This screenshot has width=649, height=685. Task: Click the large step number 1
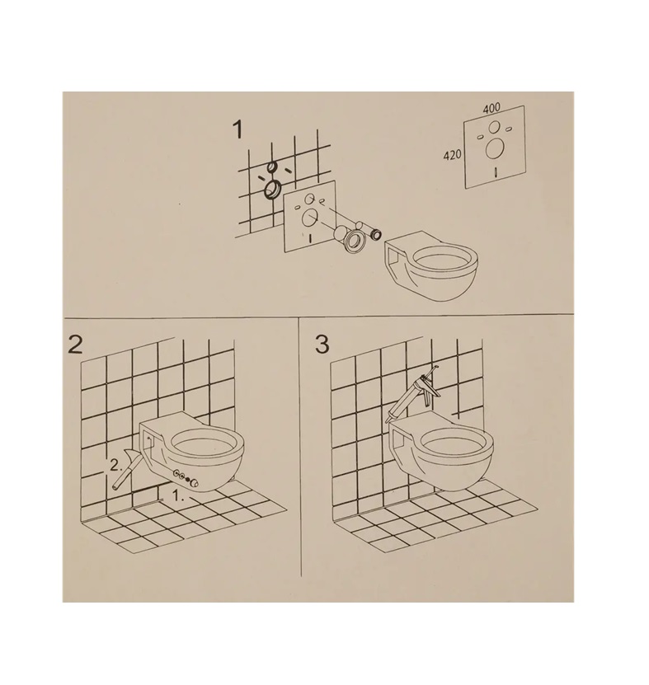[237, 129]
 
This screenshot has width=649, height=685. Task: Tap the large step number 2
[75, 345]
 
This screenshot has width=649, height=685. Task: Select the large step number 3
[322, 345]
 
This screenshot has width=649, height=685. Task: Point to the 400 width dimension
[491, 108]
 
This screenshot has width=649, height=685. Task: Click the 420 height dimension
[453, 155]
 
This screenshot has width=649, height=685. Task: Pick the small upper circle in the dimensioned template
[494, 127]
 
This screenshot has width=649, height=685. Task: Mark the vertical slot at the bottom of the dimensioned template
[496, 171]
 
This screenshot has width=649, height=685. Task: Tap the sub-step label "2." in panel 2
[115, 465]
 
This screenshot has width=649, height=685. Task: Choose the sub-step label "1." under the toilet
[179, 497]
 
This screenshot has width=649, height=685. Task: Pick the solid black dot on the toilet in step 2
[187, 478]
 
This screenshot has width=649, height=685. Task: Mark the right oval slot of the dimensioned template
[508, 129]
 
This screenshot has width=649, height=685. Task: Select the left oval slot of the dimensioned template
[481, 137]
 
